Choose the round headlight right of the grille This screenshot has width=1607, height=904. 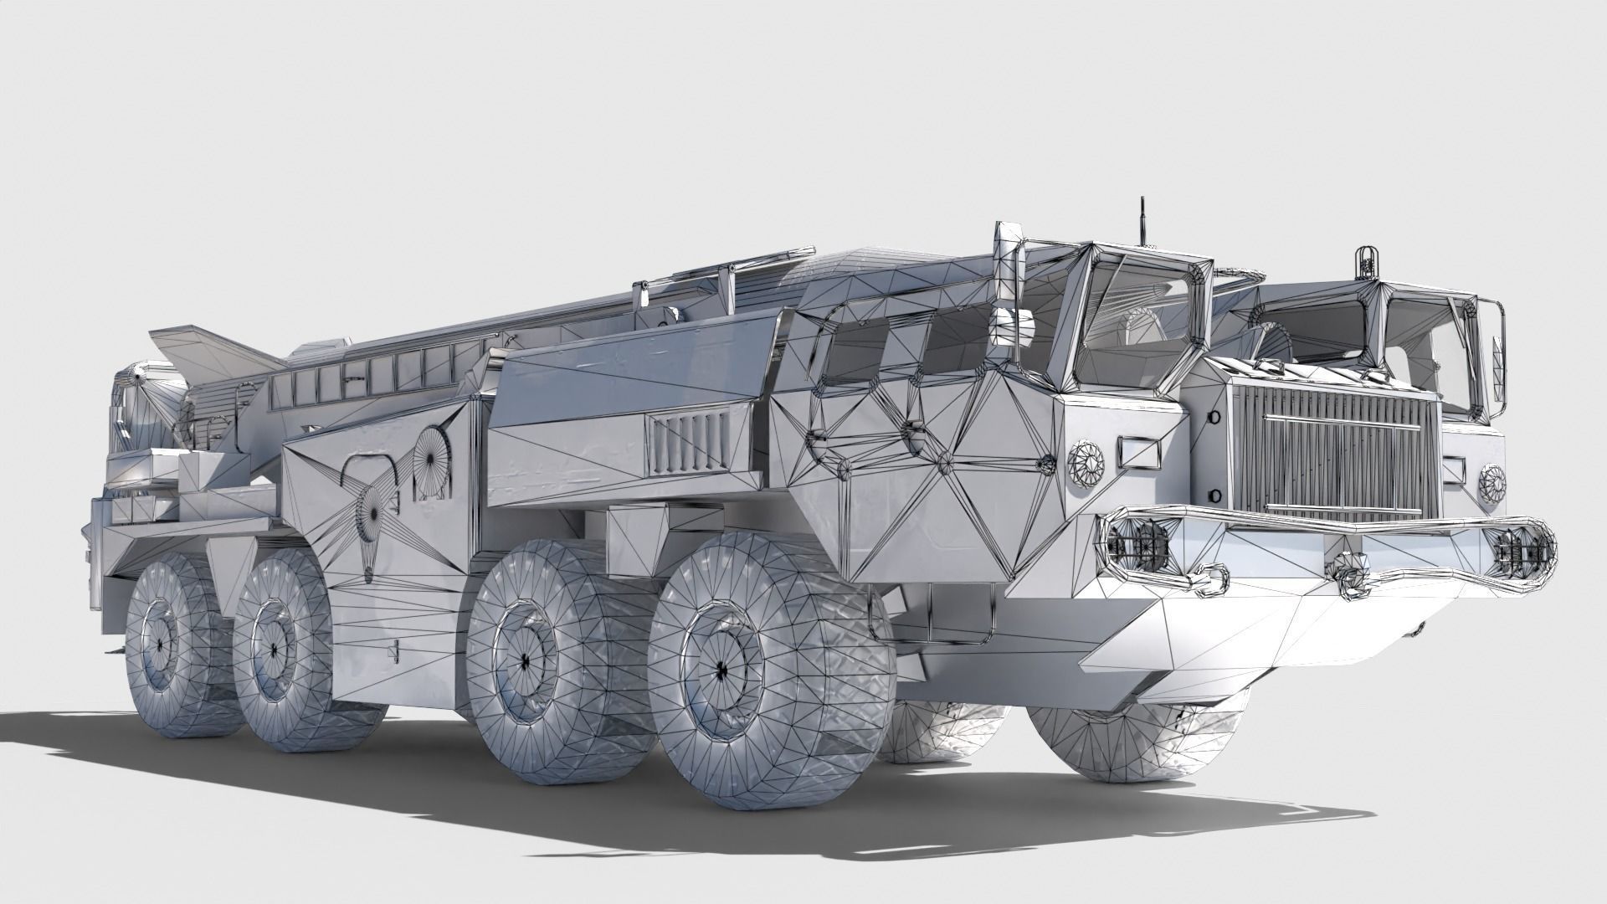click(1491, 481)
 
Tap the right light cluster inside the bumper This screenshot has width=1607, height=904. click(1519, 548)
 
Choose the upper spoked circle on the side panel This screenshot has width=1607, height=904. click(433, 458)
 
